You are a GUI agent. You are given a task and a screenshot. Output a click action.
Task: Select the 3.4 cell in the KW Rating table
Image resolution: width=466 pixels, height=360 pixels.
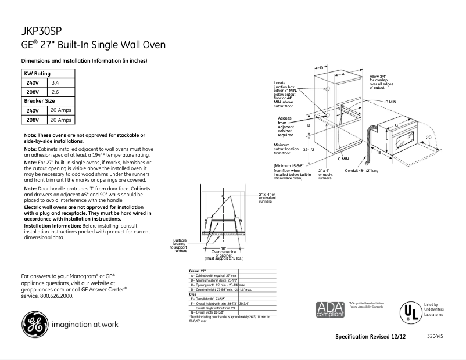tap(56, 83)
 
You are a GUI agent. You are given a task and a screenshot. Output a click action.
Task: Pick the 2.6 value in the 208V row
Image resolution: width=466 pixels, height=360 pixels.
tap(56, 92)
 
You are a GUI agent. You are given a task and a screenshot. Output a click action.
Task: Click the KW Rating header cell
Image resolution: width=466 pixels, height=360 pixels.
tap(37, 74)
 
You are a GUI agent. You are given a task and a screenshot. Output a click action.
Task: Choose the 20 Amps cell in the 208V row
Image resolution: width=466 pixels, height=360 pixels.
tap(61, 120)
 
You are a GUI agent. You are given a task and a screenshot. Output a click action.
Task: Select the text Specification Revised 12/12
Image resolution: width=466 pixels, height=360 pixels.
tap(371, 337)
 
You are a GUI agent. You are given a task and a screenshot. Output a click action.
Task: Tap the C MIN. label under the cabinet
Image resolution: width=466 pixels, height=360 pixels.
tap(343, 159)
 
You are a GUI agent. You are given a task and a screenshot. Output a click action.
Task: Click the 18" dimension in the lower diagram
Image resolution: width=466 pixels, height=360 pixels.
tap(223, 248)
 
